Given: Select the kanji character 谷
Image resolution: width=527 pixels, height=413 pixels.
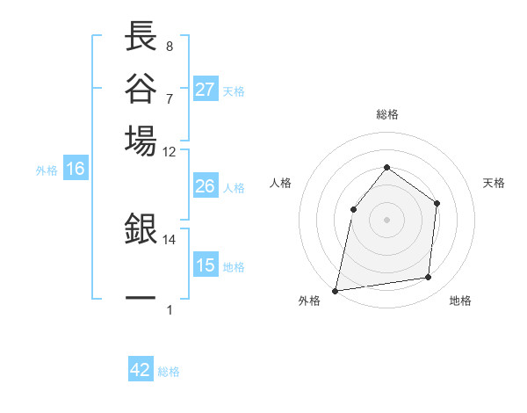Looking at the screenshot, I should [141, 88].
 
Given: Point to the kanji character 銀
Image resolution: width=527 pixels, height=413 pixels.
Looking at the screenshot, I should [141, 230].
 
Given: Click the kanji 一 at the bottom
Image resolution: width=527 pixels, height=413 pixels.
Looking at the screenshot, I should [141, 298].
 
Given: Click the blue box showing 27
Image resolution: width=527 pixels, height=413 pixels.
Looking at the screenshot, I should [206, 90].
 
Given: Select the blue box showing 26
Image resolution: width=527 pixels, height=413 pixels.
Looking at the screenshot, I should [206, 186].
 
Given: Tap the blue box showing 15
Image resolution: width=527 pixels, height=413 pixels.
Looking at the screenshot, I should [206, 265].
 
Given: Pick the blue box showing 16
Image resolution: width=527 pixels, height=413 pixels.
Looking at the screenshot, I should [76, 170].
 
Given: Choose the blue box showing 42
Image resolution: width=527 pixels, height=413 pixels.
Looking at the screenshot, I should [141, 370].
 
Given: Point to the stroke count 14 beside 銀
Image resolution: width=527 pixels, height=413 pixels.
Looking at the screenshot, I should [170, 239].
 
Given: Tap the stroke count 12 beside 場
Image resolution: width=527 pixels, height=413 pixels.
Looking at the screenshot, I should [170, 151].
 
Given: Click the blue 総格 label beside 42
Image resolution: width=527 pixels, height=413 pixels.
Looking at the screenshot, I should [169, 372].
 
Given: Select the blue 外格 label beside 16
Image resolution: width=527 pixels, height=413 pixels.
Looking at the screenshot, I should [47, 170].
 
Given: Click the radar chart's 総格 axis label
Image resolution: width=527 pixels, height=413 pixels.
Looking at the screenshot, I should [386, 115].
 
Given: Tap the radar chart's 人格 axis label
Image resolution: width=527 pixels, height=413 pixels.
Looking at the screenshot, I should [281, 183].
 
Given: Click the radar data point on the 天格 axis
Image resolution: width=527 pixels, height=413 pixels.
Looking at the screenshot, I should [437, 203].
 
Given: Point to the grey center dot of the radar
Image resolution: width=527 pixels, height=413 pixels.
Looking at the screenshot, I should [386, 219].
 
